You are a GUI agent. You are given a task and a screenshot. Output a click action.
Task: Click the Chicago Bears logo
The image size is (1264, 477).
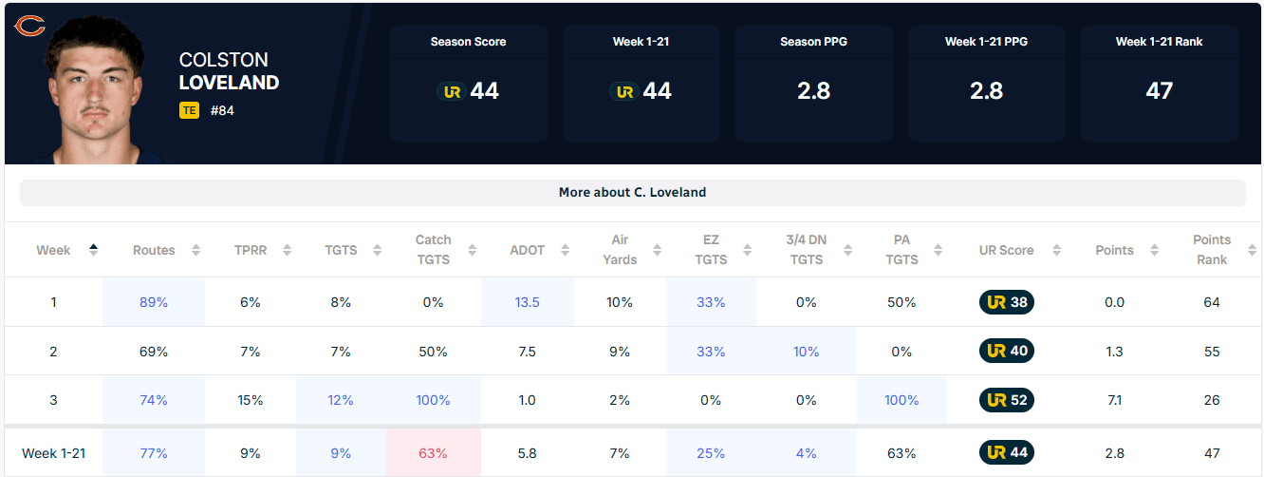[x=30, y=26]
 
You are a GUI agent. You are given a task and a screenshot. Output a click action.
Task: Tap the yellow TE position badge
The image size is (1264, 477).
[x=189, y=110]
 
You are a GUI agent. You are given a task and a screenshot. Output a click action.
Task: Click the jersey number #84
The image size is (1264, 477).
[x=222, y=110]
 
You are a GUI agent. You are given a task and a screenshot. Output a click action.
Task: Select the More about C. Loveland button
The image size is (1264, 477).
[x=633, y=192]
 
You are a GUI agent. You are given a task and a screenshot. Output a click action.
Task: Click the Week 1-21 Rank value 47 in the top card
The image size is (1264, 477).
[x=1159, y=90]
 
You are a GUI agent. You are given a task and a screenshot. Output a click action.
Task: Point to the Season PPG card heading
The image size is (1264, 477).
[x=813, y=41]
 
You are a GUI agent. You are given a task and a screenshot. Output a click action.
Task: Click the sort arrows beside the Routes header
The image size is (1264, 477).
[x=195, y=250]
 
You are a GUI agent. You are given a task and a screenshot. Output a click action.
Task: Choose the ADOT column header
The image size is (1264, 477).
[x=527, y=250]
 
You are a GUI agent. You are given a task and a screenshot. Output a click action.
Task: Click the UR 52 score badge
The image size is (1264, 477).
[x=1007, y=400]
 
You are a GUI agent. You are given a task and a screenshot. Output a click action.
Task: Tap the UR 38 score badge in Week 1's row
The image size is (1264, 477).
[x=1007, y=302]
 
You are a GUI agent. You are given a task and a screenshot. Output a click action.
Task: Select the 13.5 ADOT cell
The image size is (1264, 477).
[x=527, y=302]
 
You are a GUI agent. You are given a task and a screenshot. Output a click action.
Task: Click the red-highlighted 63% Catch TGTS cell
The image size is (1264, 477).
[x=433, y=453]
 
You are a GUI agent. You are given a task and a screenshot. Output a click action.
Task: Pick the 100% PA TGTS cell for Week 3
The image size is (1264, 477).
[x=902, y=400]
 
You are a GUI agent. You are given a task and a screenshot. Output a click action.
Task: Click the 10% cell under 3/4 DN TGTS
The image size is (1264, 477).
[x=806, y=352]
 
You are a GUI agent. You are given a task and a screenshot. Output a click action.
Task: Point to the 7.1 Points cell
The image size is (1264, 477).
[x=1114, y=400]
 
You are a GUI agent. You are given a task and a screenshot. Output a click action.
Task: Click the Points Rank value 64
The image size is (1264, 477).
[x=1212, y=302]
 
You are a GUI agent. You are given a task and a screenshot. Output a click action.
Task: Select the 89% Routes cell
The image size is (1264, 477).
[x=154, y=302]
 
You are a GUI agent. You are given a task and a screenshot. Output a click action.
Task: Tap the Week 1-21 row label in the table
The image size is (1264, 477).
[x=53, y=453]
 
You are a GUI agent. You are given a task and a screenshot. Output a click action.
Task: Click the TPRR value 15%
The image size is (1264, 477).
[x=250, y=400]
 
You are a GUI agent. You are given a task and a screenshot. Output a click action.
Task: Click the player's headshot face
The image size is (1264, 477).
[x=95, y=90]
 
